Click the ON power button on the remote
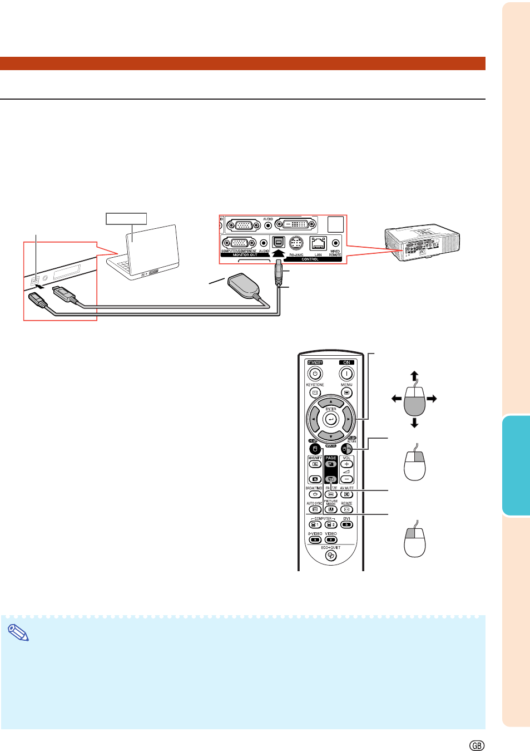point(346,374)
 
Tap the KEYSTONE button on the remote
point(315,392)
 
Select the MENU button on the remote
point(346,392)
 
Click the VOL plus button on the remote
point(346,464)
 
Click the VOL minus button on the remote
point(346,479)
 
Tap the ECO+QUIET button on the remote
point(331,556)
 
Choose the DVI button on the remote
point(346,524)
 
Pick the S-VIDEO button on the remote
point(315,539)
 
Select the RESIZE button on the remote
point(346,509)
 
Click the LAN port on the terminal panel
point(318,243)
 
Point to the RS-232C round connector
point(296,243)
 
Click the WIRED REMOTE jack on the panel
point(335,243)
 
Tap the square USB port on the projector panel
point(278,243)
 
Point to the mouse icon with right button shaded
point(415,465)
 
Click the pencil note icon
point(18,632)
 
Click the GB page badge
point(477,745)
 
